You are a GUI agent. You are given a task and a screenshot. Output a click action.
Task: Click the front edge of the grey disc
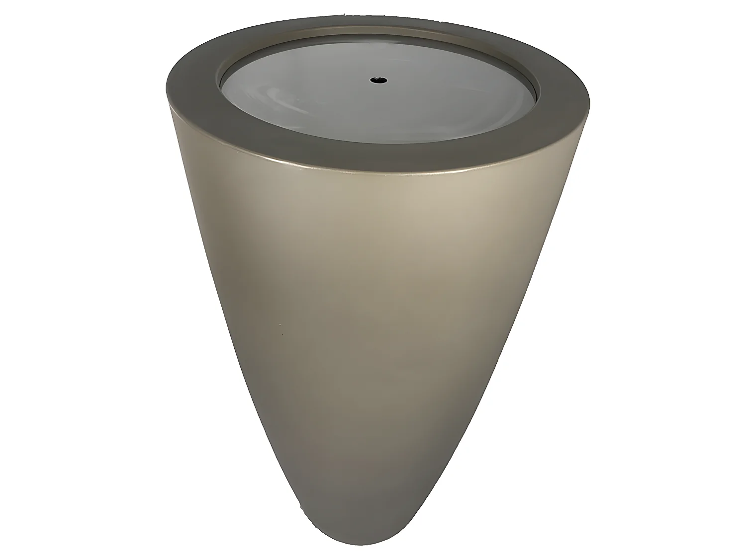pyautogui.click(x=378, y=143)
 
